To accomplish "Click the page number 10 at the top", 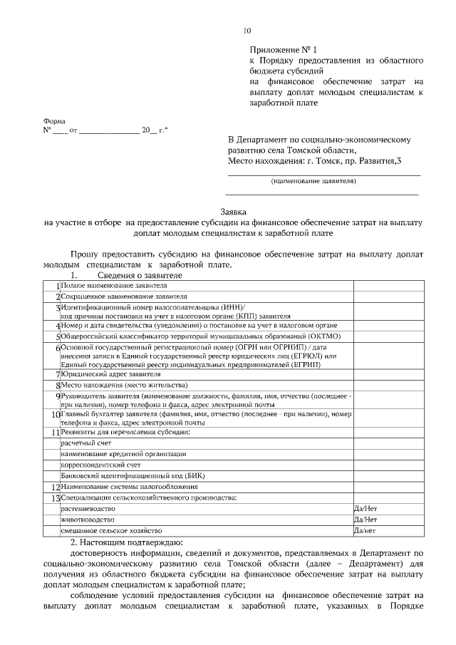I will click(247, 31).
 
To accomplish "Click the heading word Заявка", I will click(232, 212).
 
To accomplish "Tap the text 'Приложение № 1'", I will click(280, 51).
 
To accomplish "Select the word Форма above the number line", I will click(54, 121).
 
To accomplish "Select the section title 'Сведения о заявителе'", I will click(135, 275).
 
